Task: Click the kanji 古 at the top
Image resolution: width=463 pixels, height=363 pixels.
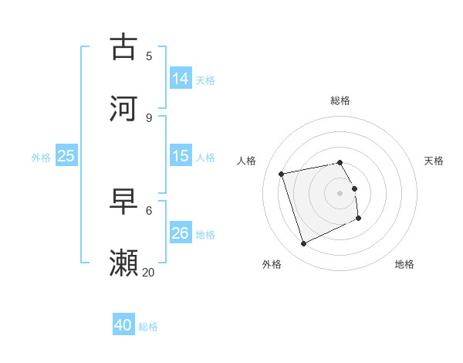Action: (124, 46)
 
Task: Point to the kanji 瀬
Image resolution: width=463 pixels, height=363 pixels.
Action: (124, 263)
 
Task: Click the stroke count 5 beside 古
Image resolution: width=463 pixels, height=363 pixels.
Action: (149, 56)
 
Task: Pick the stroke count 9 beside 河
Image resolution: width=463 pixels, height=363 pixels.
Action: (149, 117)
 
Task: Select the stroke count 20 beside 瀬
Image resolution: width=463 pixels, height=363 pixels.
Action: (149, 272)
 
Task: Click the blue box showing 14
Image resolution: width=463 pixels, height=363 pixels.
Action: (181, 78)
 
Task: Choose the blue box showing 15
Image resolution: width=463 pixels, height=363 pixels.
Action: (181, 156)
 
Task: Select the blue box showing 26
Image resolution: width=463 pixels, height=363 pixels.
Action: (181, 232)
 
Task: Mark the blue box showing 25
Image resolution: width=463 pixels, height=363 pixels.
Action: (66, 156)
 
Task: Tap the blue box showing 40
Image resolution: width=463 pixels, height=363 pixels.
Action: (123, 325)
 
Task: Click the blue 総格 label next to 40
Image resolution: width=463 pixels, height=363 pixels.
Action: (148, 327)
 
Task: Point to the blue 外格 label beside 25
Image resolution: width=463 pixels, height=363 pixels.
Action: (41, 157)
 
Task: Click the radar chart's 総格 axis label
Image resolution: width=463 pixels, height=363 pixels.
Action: (340, 100)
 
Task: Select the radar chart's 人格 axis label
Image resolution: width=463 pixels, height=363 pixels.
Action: (247, 161)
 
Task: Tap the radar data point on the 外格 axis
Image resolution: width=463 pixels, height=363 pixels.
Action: (303, 244)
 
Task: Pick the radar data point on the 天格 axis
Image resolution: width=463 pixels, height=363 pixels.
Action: (355, 188)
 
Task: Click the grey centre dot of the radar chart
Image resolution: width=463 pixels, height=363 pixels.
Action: (340, 193)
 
